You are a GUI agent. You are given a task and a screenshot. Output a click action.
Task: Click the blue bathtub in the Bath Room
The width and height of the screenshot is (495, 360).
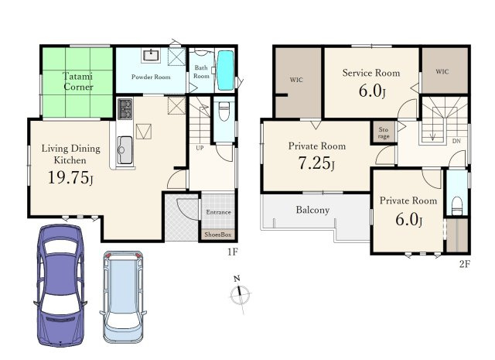pos(225,70)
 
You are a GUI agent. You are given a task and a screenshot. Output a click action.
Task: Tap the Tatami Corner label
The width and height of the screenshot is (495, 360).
pos(78,81)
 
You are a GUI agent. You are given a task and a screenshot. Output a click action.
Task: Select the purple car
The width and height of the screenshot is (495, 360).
pos(60,285)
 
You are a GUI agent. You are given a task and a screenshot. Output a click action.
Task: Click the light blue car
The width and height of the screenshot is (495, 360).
pos(123,297)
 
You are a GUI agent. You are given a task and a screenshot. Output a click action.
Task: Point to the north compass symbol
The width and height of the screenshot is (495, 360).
pos(240,294)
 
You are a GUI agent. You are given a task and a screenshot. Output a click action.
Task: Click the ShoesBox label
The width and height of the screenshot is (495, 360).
pos(218,235)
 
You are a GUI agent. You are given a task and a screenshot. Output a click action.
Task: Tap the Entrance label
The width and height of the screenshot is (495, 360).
pos(218,212)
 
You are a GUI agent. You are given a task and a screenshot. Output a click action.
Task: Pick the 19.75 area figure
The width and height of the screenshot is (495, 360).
pos(70,177)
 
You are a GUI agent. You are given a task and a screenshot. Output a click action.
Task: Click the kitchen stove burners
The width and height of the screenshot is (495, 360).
pos(125,108)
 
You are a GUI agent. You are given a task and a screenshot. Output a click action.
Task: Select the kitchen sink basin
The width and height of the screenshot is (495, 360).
pos(125,150)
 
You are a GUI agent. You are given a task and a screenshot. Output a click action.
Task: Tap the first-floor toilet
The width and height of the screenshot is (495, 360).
pos(224,111)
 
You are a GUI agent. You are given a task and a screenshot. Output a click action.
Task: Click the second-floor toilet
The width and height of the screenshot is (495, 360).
pos(457,206)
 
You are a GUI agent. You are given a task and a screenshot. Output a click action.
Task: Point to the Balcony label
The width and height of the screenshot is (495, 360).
pos(312,210)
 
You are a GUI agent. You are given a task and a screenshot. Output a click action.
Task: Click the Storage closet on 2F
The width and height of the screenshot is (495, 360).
pos(384,132)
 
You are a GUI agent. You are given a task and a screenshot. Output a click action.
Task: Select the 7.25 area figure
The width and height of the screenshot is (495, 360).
pos(316,163)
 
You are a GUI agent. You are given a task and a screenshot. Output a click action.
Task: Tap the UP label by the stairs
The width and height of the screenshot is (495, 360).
pos(200,148)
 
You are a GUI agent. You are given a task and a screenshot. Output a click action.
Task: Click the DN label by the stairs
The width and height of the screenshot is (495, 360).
pos(456,141)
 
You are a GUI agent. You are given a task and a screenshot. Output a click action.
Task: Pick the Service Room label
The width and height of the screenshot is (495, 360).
pos(371,73)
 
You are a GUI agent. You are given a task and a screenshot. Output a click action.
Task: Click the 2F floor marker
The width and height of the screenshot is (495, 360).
pos(465,263)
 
